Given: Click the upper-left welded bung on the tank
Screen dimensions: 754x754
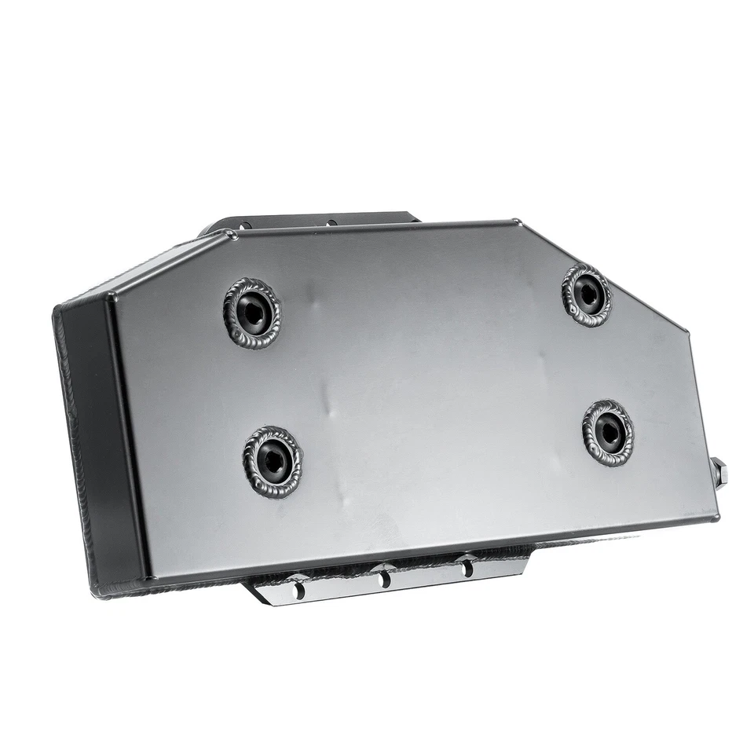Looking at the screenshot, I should click(252, 313).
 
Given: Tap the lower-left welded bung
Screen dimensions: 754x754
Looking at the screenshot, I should click(273, 462).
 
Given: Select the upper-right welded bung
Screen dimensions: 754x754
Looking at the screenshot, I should click(587, 295).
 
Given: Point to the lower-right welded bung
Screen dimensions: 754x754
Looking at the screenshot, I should click(608, 433).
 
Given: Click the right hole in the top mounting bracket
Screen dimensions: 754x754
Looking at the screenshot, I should click(331, 222).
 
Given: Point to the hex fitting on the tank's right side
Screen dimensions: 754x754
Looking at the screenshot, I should click(719, 473).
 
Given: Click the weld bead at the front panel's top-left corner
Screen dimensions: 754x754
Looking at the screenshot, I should click(230, 233).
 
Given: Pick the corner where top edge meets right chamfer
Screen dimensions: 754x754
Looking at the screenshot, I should click(516, 222).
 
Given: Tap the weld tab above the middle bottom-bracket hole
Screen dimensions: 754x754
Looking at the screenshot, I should click(384, 567).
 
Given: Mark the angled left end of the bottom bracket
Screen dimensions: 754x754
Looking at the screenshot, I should click(255, 591).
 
